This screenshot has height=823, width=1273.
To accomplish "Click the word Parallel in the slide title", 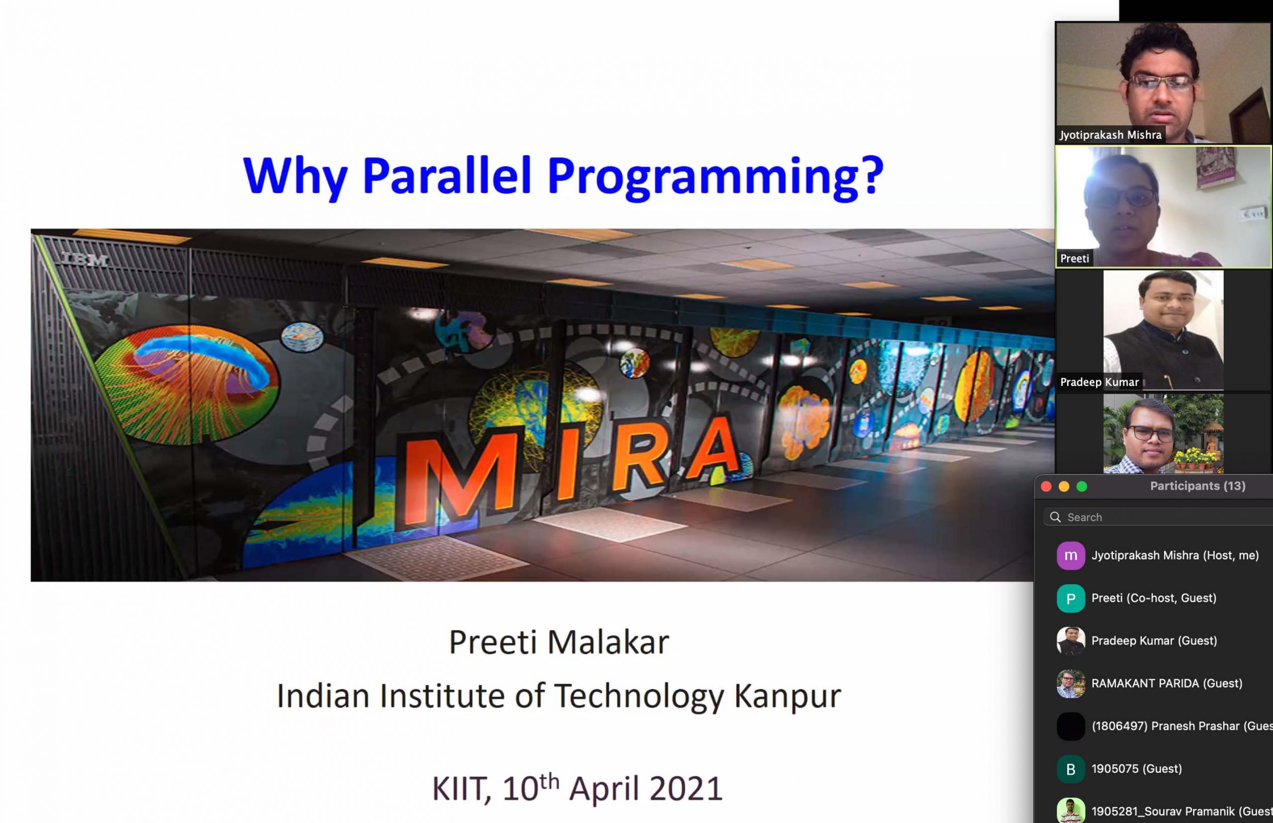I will click(x=446, y=175).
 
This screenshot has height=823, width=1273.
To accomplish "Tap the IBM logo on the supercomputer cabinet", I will click(x=86, y=260).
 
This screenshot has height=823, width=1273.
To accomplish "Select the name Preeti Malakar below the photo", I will click(x=558, y=642).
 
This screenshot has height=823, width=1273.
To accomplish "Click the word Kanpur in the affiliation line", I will click(x=787, y=696).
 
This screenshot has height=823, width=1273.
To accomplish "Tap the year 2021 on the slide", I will click(x=686, y=789).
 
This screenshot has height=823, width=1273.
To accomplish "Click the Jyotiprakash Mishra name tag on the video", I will click(x=1110, y=135).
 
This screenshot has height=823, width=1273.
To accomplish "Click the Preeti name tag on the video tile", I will click(x=1074, y=259).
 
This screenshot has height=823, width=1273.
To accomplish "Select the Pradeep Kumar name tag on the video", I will click(x=1099, y=382).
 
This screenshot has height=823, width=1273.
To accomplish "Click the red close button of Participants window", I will click(x=1046, y=486).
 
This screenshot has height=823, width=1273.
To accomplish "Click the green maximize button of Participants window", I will click(x=1082, y=486).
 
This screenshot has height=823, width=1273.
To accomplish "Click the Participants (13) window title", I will click(x=1197, y=486).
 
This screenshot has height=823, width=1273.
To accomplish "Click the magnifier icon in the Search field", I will click(x=1056, y=517).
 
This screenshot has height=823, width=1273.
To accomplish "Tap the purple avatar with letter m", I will click(x=1071, y=555).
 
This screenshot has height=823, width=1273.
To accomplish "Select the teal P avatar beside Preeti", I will click(x=1071, y=598).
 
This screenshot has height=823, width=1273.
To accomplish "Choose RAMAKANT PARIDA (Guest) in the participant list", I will click(x=1166, y=683).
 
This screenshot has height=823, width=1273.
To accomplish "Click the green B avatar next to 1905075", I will click(x=1071, y=769).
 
